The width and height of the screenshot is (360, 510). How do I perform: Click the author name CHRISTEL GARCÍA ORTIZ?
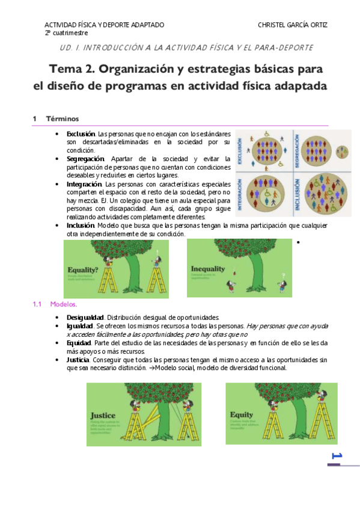(292, 25)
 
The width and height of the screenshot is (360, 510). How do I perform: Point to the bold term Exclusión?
(81, 133)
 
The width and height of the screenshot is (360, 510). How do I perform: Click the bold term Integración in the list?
(84, 183)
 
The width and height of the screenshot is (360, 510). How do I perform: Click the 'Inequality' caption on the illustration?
(208, 268)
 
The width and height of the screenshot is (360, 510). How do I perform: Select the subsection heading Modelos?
(64, 304)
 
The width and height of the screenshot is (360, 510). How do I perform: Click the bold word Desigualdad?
(85, 317)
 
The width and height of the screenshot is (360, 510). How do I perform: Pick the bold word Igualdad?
(81, 325)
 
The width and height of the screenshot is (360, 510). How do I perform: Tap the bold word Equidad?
(80, 342)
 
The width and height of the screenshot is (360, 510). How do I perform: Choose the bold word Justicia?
(80, 359)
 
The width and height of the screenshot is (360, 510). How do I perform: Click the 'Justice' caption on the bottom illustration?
(103, 416)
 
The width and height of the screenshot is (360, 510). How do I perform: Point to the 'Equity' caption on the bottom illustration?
(242, 415)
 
